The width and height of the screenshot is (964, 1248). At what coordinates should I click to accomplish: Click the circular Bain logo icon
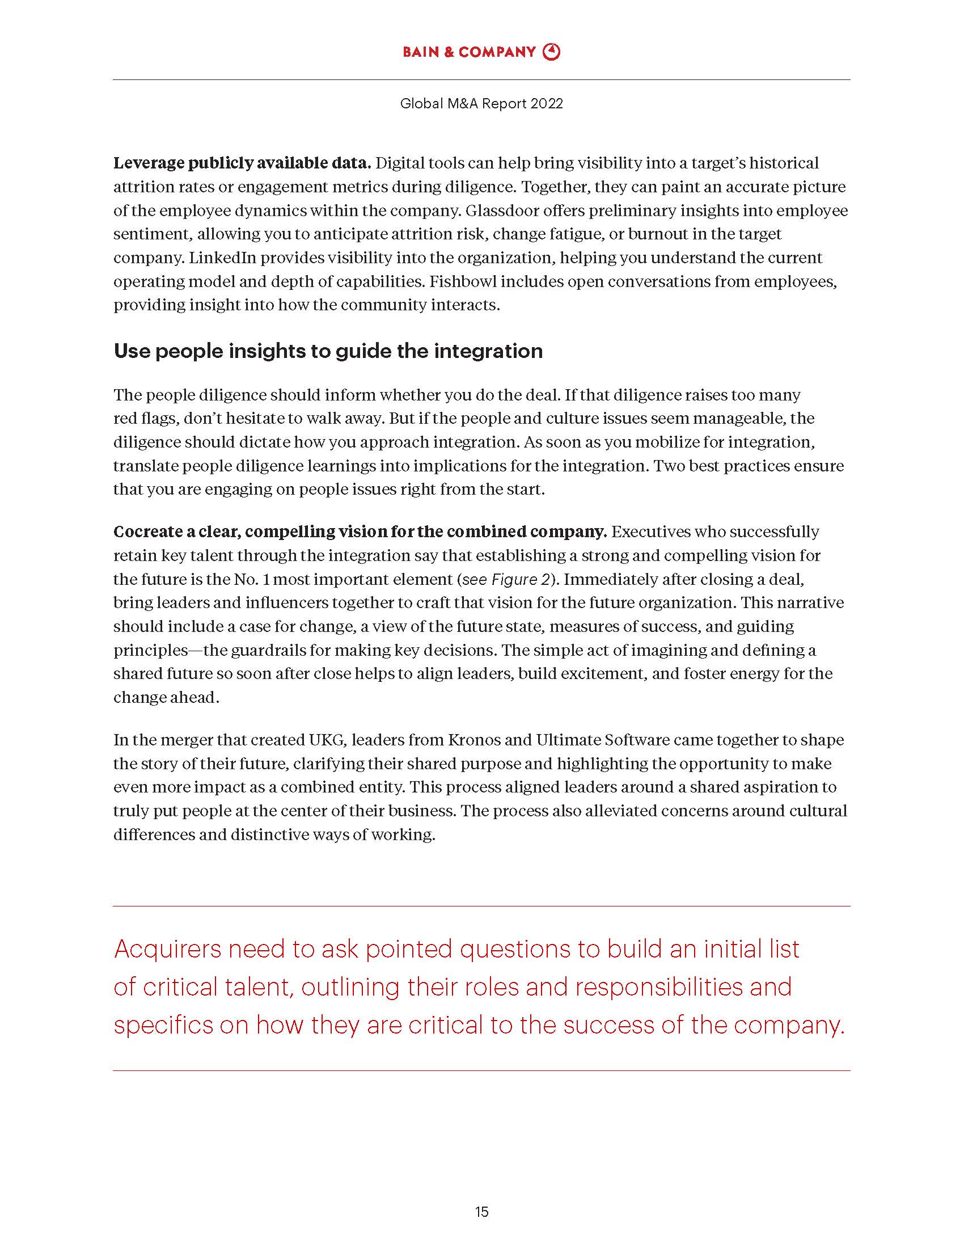point(551,52)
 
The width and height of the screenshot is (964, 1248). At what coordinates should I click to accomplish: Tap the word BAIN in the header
point(420,52)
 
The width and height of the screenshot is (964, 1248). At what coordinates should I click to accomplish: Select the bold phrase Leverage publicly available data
point(242,163)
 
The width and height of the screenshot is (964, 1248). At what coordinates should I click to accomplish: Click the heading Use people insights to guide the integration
point(328,351)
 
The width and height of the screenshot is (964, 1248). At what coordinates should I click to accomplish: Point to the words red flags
point(146,419)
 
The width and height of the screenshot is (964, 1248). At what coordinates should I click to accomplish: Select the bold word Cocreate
point(149,532)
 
